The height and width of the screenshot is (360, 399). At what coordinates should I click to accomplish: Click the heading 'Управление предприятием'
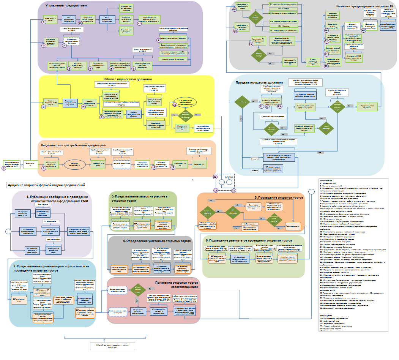pyautogui.click(x=66, y=6)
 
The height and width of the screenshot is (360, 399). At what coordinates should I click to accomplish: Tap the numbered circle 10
pyautogui.click(x=80, y=23)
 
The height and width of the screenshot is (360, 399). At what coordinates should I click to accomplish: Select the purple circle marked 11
pyautogui.click(x=139, y=24)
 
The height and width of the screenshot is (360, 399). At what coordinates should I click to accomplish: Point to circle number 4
pyautogui.click(x=159, y=40)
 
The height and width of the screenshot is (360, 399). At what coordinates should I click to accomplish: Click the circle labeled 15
pyautogui.click(x=111, y=69)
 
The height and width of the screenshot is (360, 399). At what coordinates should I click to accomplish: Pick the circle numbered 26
pyautogui.click(x=234, y=9)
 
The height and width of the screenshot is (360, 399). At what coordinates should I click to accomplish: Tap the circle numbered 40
pyautogui.click(x=363, y=30)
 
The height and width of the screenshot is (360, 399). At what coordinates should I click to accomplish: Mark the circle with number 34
pyautogui.click(x=326, y=30)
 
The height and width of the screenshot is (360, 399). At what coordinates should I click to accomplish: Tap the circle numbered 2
pyautogui.click(x=3, y=168)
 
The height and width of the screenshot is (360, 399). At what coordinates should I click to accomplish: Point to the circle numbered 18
pyautogui.click(x=154, y=167)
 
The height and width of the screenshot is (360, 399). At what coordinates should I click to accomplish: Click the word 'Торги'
pyautogui.click(x=229, y=177)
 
